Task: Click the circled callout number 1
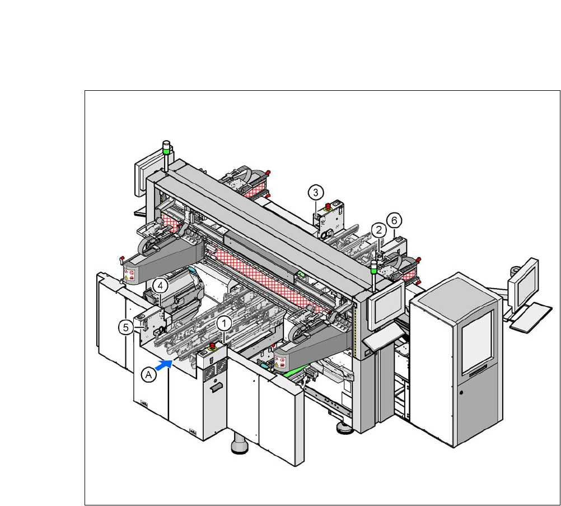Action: (224, 324)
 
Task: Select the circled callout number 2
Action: (379, 230)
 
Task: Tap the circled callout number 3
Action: (316, 193)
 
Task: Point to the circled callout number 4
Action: (160, 286)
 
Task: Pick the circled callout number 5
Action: (126, 327)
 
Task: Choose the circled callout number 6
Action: (394, 221)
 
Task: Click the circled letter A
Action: (149, 375)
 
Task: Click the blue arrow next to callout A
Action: (165, 365)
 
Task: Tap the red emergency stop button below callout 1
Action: (212, 346)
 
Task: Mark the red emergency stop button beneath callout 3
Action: (328, 206)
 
